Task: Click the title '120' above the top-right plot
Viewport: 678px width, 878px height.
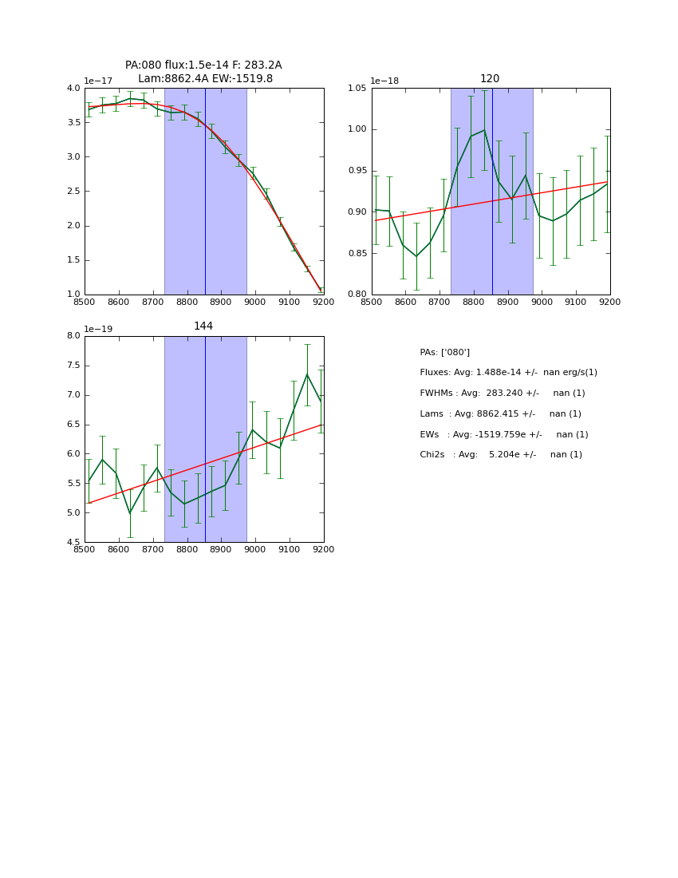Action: (x=490, y=79)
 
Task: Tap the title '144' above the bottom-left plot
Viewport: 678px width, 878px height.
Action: (x=203, y=326)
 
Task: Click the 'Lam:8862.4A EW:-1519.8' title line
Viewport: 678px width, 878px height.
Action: (x=205, y=79)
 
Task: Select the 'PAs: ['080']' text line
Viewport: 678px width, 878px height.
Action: (x=444, y=353)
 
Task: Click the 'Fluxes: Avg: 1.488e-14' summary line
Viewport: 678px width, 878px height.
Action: (x=508, y=373)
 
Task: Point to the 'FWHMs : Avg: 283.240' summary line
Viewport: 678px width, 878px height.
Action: (x=502, y=394)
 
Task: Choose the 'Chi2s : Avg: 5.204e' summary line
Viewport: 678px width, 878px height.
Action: (x=501, y=455)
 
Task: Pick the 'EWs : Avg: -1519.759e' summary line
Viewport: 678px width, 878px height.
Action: (x=504, y=435)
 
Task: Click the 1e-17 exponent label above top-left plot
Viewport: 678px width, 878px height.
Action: (x=98, y=81)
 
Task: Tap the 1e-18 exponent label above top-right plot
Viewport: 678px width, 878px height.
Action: (x=384, y=81)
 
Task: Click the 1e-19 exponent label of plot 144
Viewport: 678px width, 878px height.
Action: (x=98, y=329)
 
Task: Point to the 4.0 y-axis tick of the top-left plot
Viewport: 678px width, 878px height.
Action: (x=73, y=89)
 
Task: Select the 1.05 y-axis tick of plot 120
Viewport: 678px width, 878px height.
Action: (x=357, y=89)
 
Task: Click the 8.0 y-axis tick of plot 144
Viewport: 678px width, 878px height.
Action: (x=73, y=336)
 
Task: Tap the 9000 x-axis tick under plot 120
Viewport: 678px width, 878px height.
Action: (x=542, y=303)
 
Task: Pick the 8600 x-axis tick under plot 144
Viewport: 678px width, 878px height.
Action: (x=119, y=550)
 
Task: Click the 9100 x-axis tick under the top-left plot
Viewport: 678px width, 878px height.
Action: (x=290, y=303)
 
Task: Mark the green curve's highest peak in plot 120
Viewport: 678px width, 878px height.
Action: (x=484, y=130)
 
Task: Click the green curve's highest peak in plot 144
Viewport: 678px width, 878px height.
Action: (x=307, y=374)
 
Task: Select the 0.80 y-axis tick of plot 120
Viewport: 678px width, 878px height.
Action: (x=357, y=295)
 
